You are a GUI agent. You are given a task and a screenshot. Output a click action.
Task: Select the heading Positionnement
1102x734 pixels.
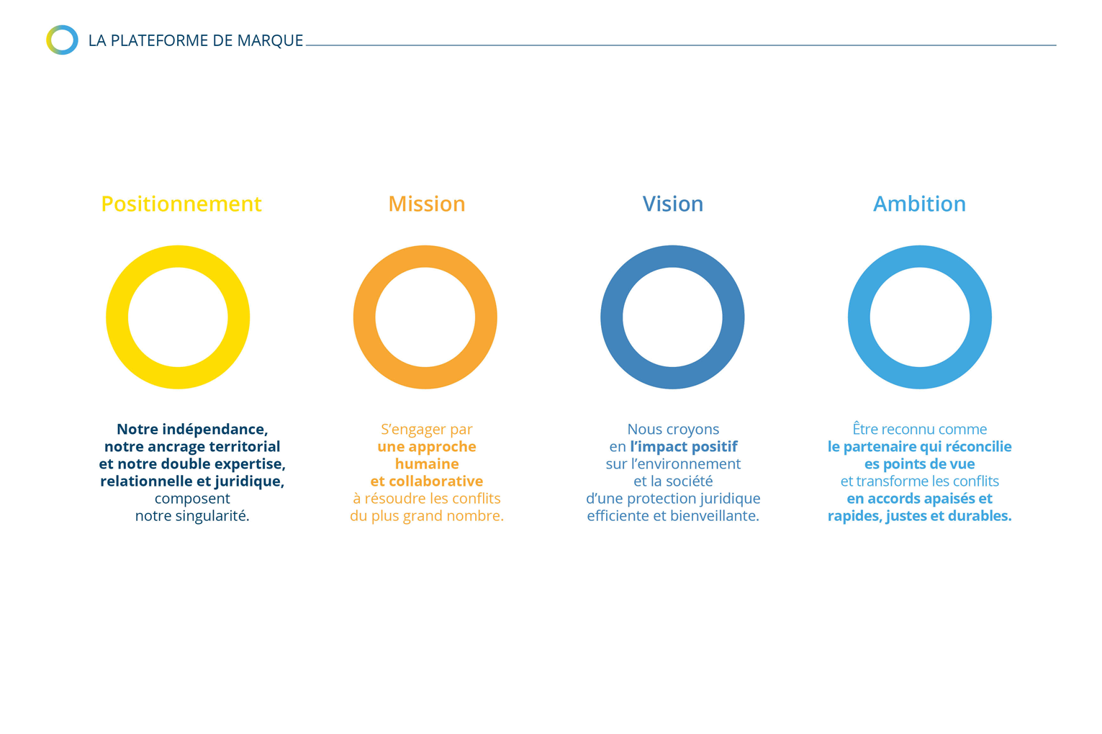tap(181, 204)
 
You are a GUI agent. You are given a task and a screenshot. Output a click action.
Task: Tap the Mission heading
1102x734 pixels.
tap(427, 204)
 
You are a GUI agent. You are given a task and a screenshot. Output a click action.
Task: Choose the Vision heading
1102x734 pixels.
tap(672, 204)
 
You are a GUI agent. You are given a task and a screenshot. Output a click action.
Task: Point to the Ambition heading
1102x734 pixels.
tap(919, 204)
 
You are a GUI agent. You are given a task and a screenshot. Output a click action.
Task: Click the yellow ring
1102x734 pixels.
tap(117, 317)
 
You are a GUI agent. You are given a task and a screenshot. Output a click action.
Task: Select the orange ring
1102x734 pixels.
tap(364, 317)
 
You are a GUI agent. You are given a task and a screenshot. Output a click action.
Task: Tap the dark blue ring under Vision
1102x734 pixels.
tap(612, 317)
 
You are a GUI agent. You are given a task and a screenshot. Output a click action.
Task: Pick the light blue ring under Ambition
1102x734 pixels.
tap(859, 317)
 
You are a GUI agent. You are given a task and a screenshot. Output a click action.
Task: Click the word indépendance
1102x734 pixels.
tap(215, 430)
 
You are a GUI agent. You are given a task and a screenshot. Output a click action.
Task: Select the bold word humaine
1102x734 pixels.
tap(427, 463)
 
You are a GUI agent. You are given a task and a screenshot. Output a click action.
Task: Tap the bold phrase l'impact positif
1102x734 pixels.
tap(683, 447)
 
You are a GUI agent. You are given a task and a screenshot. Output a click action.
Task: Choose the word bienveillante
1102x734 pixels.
tap(715, 515)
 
